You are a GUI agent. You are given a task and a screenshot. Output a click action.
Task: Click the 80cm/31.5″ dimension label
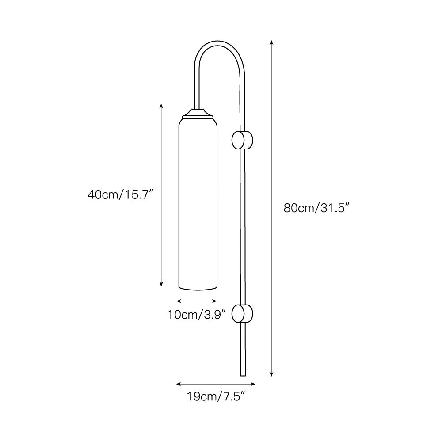point(316,208)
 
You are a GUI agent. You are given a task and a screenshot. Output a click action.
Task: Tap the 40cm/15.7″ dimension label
point(121,194)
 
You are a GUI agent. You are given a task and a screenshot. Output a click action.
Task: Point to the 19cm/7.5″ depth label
point(216,396)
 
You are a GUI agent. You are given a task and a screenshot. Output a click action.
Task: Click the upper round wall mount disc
point(242,140)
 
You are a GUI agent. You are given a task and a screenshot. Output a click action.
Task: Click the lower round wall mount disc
point(242,314)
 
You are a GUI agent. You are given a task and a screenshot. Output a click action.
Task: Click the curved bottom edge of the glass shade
point(198,290)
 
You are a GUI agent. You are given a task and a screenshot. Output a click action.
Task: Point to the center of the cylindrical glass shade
point(198,203)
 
